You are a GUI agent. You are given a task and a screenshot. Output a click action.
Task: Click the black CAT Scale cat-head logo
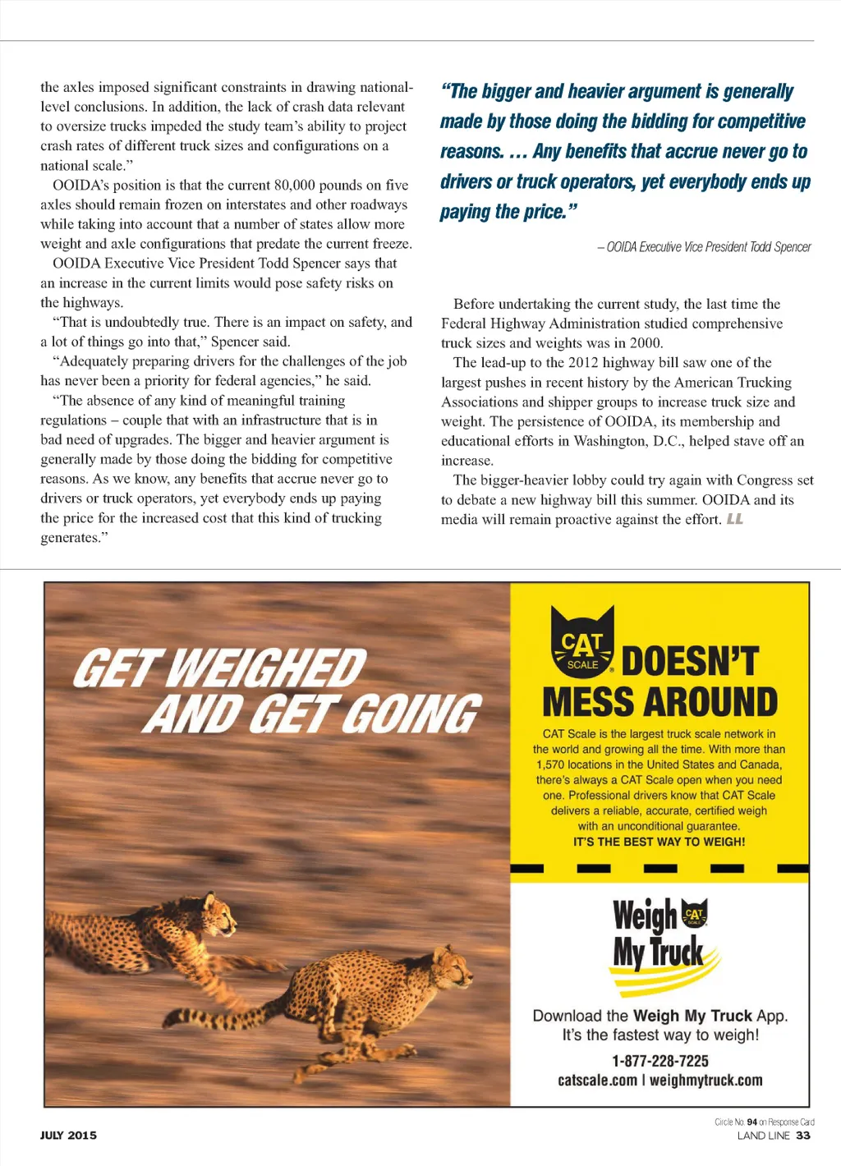[581, 643]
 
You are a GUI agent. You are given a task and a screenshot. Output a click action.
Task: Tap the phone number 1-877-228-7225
[659, 1061]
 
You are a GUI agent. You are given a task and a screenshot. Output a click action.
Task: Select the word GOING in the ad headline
[410, 714]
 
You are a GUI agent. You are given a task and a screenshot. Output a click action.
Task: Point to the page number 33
[803, 1136]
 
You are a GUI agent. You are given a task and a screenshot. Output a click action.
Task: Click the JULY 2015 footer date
[68, 1136]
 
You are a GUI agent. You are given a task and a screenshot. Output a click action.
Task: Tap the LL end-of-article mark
[734, 519]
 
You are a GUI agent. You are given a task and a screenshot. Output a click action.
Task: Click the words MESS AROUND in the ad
[659, 703]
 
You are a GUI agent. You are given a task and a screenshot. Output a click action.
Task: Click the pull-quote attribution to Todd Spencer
[704, 247]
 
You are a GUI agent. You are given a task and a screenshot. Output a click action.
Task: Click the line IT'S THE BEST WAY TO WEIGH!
[659, 842]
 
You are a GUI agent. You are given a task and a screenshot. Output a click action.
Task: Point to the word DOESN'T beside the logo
[690, 662]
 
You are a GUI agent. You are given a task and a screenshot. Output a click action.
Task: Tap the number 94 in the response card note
[752, 1122]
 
